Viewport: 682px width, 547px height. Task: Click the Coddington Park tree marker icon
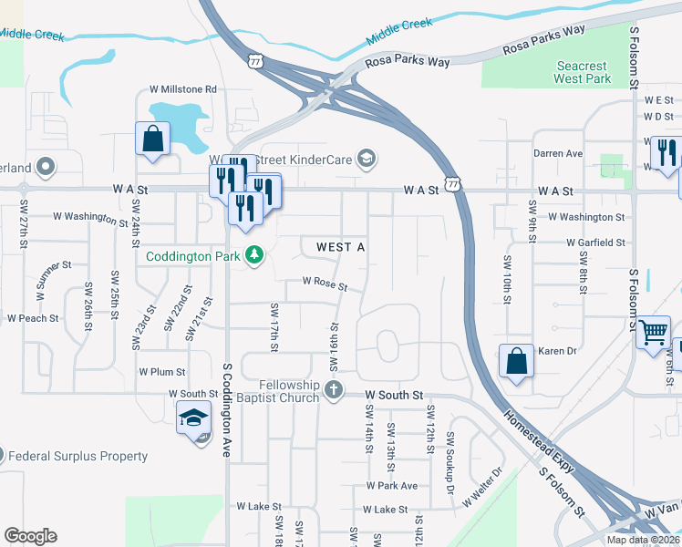(256, 256)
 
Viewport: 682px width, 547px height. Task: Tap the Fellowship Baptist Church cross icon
(334, 392)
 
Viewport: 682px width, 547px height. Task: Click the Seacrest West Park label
(583, 72)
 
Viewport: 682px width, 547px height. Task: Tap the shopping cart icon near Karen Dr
(654, 333)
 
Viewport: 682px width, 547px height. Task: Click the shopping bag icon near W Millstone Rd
(152, 139)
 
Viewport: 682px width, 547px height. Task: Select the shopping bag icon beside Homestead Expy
(516, 360)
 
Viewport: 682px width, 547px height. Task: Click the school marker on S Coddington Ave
(193, 418)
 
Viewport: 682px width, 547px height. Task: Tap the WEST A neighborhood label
(341, 248)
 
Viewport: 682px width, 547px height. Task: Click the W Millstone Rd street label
(184, 89)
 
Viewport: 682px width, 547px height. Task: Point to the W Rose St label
(325, 286)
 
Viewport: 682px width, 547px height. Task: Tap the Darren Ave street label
(558, 153)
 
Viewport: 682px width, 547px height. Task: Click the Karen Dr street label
(558, 351)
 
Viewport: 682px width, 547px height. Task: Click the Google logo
(30, 536)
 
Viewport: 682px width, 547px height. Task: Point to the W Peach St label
(33, 318)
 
